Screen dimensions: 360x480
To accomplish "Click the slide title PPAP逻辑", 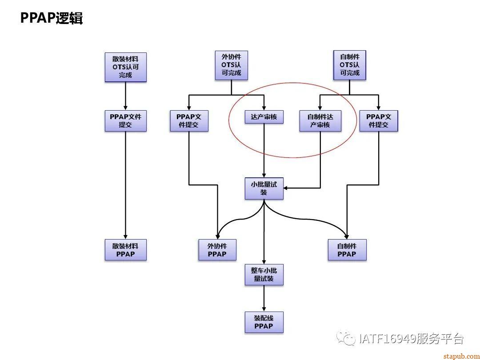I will coord(52,18).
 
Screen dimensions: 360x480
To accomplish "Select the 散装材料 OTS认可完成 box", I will coord(125,67).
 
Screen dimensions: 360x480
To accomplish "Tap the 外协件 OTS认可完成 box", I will coord(231,65).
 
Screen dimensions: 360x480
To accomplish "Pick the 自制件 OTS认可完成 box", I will coord(349,65).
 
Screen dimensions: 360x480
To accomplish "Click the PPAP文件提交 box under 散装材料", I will coord(125,121).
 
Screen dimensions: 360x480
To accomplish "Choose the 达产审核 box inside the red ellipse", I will coord(264,117).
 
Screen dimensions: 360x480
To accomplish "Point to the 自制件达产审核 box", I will coord(320,121).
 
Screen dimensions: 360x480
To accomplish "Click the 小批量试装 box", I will coord(264,188).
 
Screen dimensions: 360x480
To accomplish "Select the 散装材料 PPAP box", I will coord(125,250).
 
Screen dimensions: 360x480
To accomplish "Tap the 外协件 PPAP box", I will coord(217,250).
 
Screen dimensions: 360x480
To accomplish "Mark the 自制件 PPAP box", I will coord(347,250).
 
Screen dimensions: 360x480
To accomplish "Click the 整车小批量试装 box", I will coord(264,275).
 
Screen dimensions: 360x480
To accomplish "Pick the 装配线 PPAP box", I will coord(264,322).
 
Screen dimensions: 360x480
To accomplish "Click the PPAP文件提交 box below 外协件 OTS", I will coord(189,121).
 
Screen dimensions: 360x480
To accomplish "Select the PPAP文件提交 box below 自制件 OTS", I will coord(379,121).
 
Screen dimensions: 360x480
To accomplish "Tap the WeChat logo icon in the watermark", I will coord(345,339).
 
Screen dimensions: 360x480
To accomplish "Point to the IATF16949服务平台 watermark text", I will coord(411,339).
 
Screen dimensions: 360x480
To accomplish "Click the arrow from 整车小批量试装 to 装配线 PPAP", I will coord(264,298).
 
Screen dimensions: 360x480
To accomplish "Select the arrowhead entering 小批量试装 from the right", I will coord(287,188).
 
